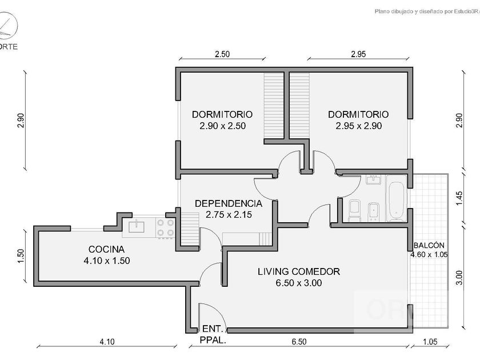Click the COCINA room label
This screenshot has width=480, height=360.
(x=106, y=249)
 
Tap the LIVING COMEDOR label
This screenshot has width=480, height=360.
(x=298, y=271)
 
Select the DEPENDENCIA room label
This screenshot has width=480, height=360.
(x=229, y=203)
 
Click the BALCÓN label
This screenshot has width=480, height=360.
(x=429, y=245)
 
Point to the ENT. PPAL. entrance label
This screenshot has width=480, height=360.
(x=214, y=334)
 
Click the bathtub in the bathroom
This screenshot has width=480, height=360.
(x=395, y=201)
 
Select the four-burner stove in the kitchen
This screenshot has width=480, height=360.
(x=166, y=227)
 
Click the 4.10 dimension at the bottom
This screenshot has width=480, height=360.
(x=107, y=342)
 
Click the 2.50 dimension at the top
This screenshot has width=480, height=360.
(x=222, y=54)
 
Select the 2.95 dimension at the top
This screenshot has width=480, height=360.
(x=358, y=54)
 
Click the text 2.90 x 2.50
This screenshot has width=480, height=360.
(x=222, y=126)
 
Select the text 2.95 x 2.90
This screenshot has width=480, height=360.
(x=358, y=126)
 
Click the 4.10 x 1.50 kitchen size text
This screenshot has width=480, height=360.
(x=107, y=261)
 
